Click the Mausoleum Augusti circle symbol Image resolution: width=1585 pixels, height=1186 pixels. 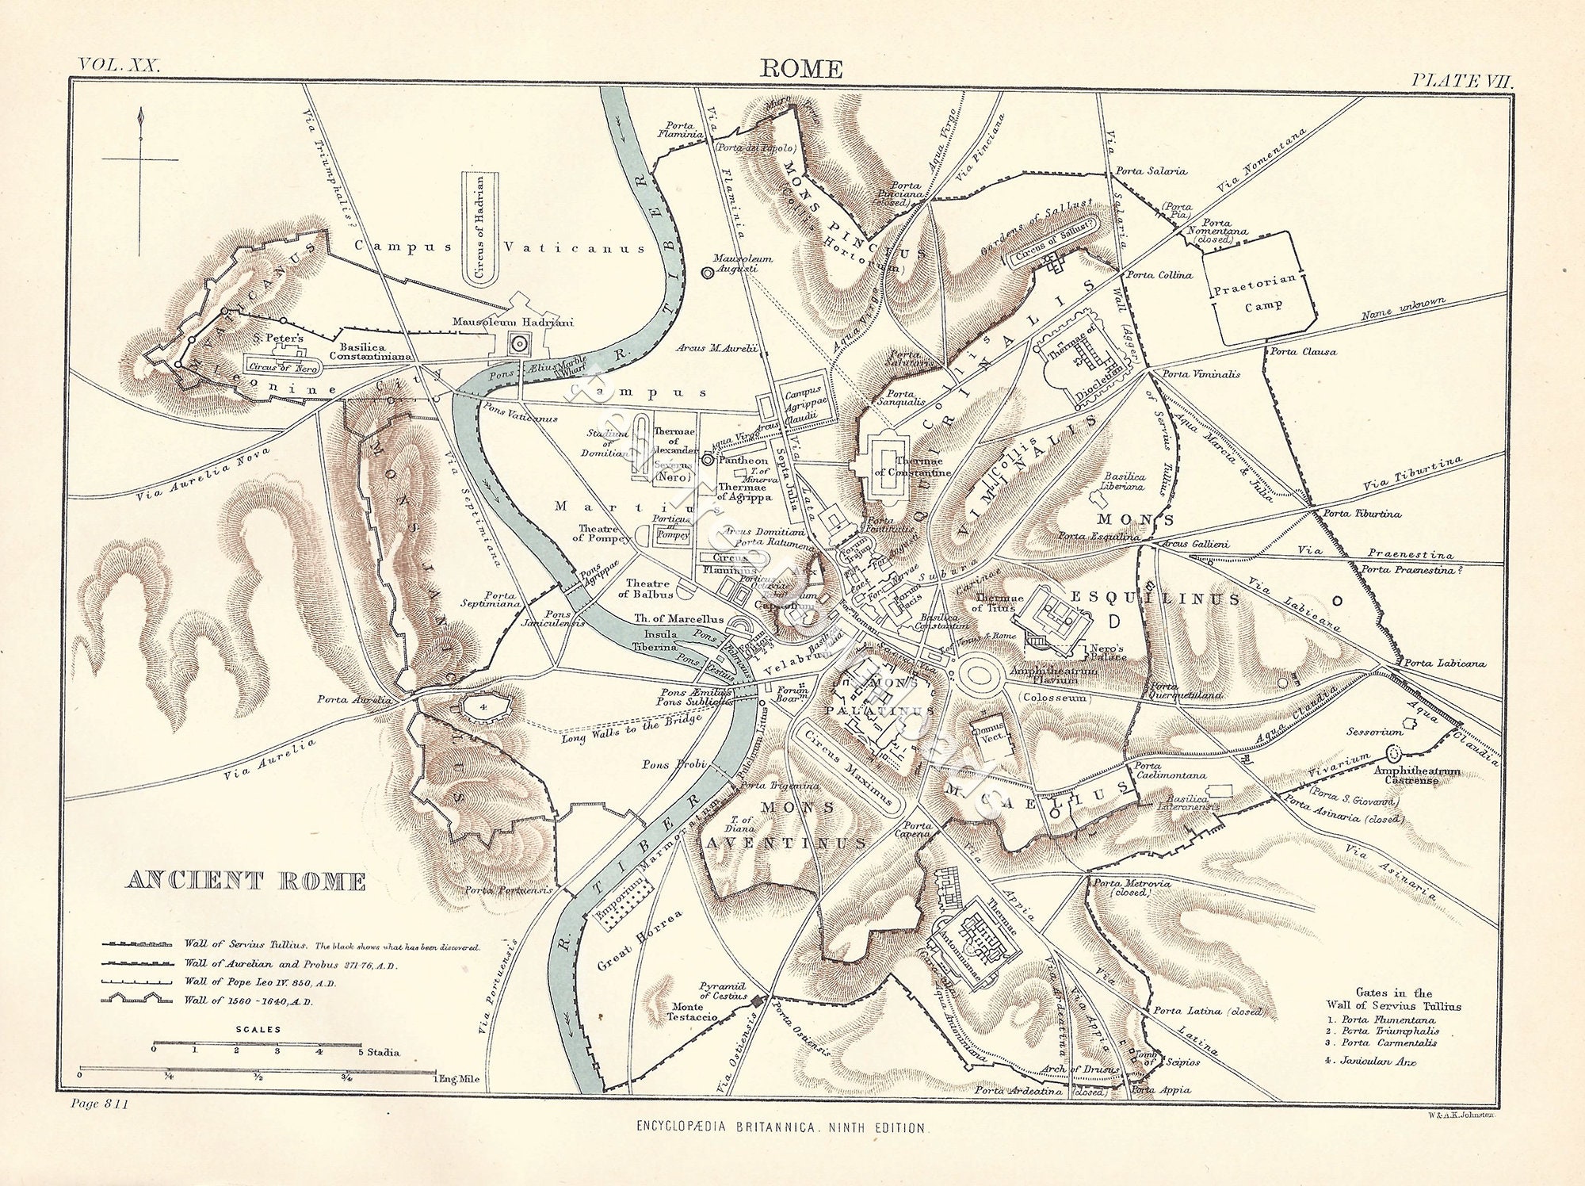coord(707,272)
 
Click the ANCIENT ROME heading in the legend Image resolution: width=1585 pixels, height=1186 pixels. coord(246,881)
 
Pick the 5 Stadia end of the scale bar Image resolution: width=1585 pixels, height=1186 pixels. coord(361,1045)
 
